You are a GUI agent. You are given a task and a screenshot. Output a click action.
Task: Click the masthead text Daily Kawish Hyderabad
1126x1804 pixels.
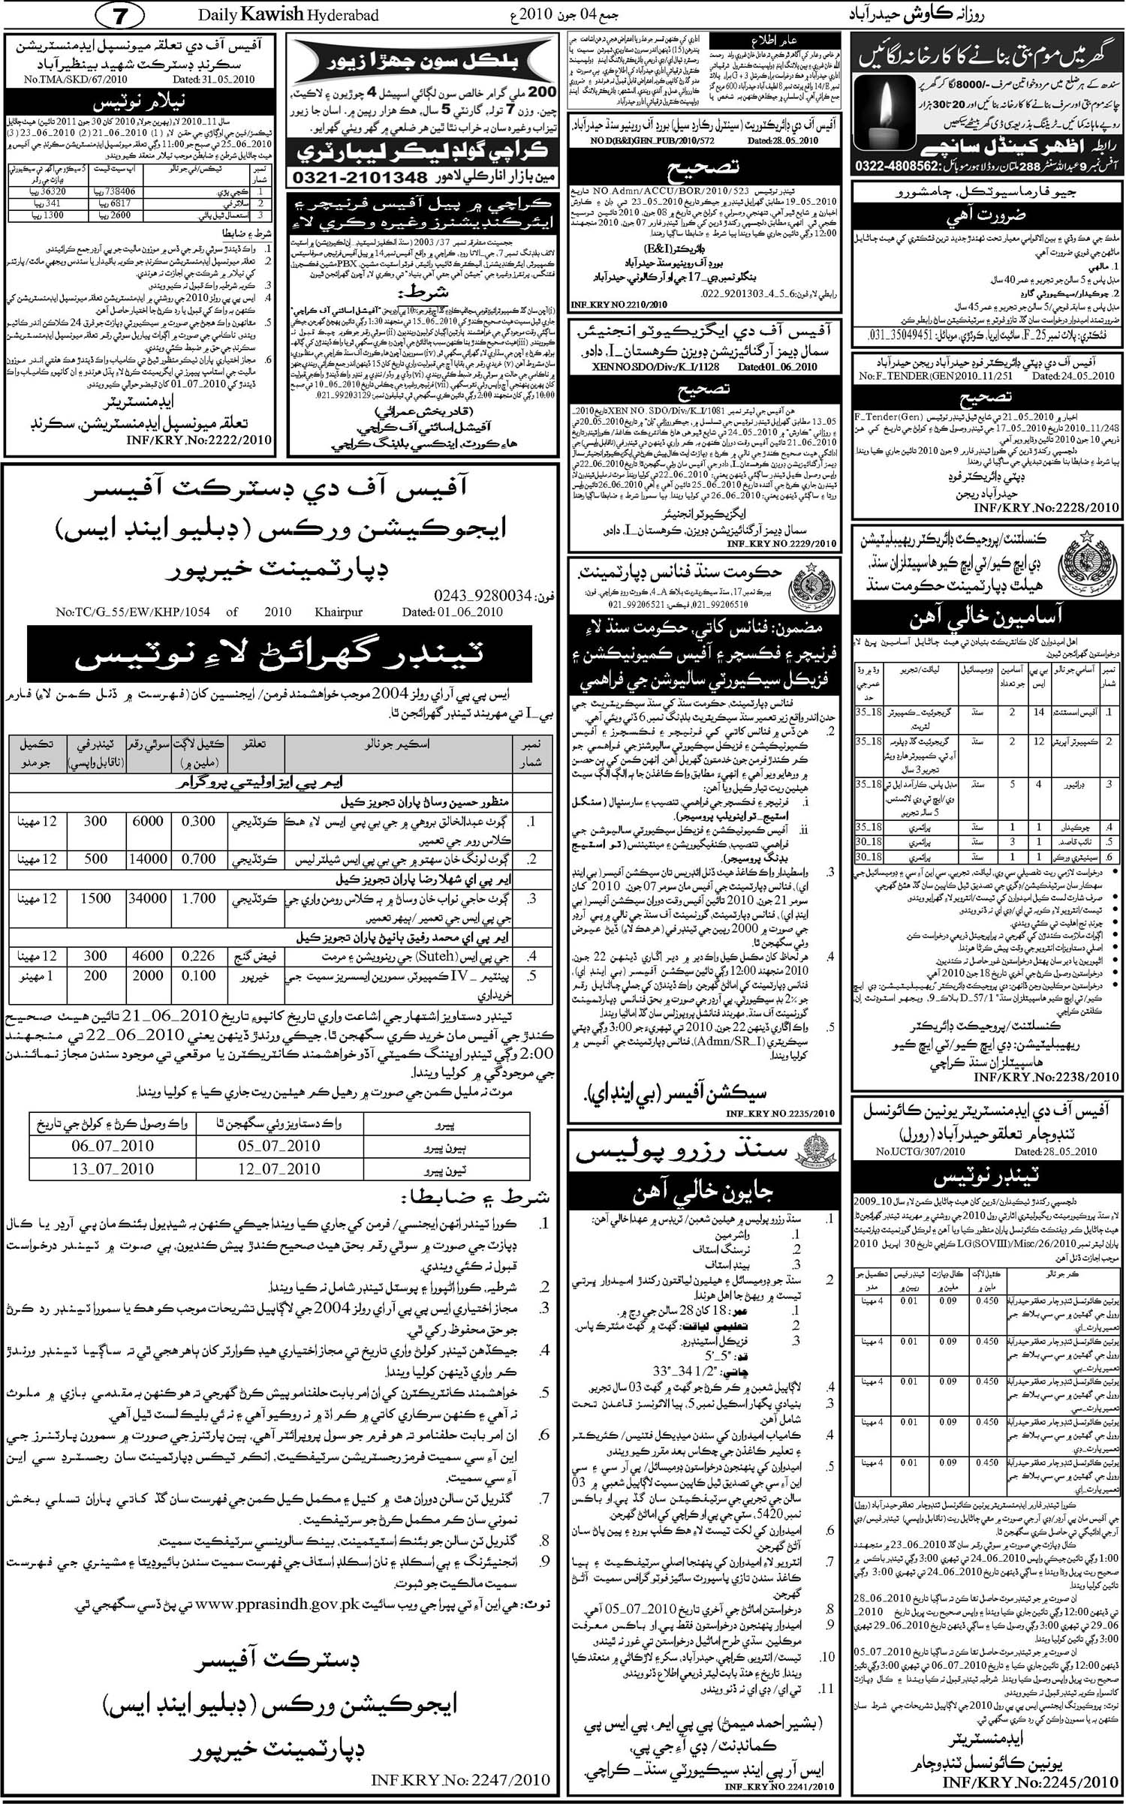(x=288, y=14)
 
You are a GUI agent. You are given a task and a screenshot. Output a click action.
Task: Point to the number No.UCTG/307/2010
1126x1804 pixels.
(x=920, y=1152)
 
